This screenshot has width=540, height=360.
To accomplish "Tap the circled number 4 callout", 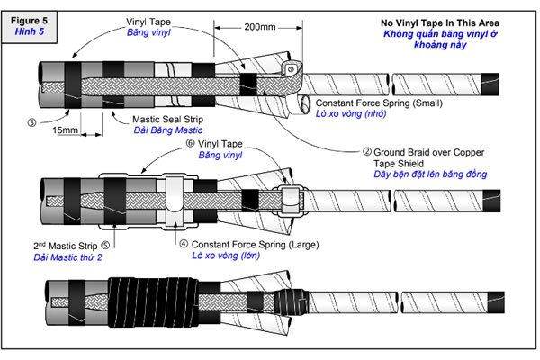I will tap(184, 242).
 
